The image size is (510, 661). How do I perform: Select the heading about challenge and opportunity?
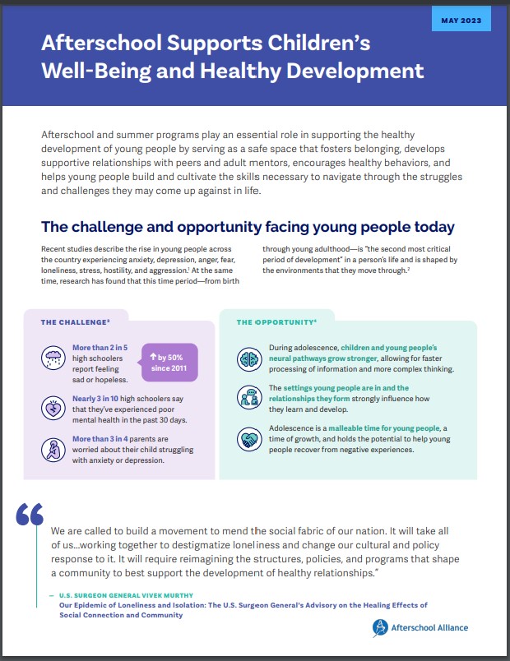point(248,226)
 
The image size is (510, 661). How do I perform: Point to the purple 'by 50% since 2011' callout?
point(169,362)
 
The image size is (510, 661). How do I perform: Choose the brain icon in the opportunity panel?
point(249,358)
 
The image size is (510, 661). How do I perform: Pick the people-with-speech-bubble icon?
point(249,398)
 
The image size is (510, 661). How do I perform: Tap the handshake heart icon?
point(249,439)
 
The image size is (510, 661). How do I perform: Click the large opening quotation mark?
point(30,514)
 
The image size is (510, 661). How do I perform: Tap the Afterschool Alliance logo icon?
point(379,628)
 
